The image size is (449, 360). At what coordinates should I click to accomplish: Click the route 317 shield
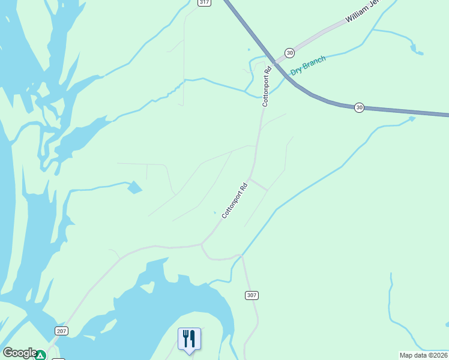(205, 2)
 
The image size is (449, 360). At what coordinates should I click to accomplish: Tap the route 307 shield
(252, 295)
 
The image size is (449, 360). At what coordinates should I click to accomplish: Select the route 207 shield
(61, 331)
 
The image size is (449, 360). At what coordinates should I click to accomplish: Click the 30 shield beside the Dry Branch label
(290, 53)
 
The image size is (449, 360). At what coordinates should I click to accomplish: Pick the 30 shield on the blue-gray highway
(359, 107)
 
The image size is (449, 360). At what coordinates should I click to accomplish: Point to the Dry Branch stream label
(308, 65)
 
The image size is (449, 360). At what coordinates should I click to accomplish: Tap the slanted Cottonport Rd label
(235, 200)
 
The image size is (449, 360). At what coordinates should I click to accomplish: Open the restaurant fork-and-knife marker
(189, 338)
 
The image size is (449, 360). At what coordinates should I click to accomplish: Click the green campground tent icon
(40, 355)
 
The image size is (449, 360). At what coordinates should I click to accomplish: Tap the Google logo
(19, 353)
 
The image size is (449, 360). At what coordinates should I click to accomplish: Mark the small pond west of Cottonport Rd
(135, 188)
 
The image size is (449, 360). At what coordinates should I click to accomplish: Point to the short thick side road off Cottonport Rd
(259, 185)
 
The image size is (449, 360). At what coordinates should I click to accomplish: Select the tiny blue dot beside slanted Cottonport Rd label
(214, 212)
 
